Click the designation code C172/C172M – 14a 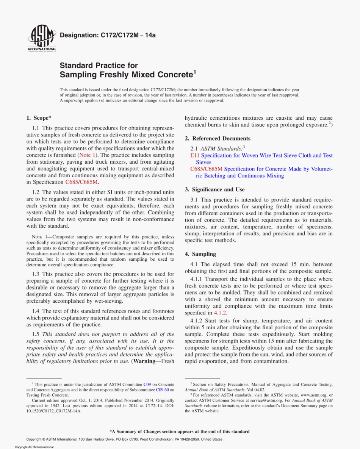point(108,35)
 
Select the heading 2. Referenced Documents point(218,138)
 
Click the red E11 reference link point(195,155)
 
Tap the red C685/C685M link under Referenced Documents point(207,169)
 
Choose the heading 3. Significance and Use point(214,189)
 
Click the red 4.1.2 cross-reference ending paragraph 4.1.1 point(220,313)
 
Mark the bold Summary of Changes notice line point(180,431)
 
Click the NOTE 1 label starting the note point(42,237)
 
